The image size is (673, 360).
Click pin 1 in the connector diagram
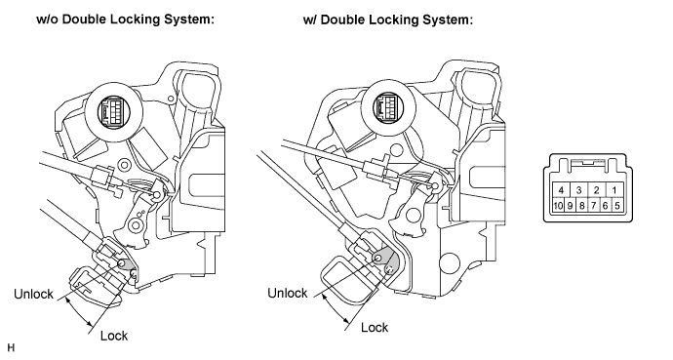(x=614, y=190)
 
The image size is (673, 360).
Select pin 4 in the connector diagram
(x=561, y=190)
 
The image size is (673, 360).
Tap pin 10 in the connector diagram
(x=558, y=205)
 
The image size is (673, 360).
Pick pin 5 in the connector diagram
(x=617, y=205)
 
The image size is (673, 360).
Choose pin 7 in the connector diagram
(x=594, y=205)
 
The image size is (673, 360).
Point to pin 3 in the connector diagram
(x=579, y=190)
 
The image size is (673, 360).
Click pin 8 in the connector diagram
(x=581, y=205)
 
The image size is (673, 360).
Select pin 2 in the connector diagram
(x=597, y=190)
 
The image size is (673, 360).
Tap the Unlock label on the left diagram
(x=33, y=294)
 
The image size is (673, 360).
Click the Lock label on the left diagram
(x=114, y=336)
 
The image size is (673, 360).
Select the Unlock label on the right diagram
(x=288, y=293)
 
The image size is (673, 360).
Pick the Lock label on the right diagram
(x=375, y=328)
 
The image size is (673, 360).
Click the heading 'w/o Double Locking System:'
(x=125, y=20)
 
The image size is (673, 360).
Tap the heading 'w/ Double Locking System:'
(x=387, y=20)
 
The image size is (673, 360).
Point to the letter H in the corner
(x=11, y=347)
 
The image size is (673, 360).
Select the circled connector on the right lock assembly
(x=389, y=105)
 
